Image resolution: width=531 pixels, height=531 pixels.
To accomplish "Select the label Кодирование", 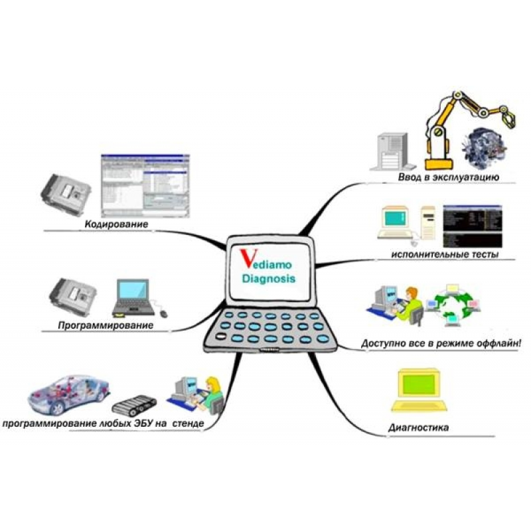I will click(116, 225).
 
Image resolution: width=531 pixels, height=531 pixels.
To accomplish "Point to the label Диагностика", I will click(418, 427).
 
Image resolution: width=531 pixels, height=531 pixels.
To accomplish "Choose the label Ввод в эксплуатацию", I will click(449, 178).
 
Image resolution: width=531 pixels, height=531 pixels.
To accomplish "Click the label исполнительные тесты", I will click(445, 254).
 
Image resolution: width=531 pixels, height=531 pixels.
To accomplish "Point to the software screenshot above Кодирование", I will click(144, 186).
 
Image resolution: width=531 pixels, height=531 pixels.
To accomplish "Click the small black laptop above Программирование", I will click(133, 295).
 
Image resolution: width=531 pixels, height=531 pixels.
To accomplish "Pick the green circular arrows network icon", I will click(458, 304).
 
